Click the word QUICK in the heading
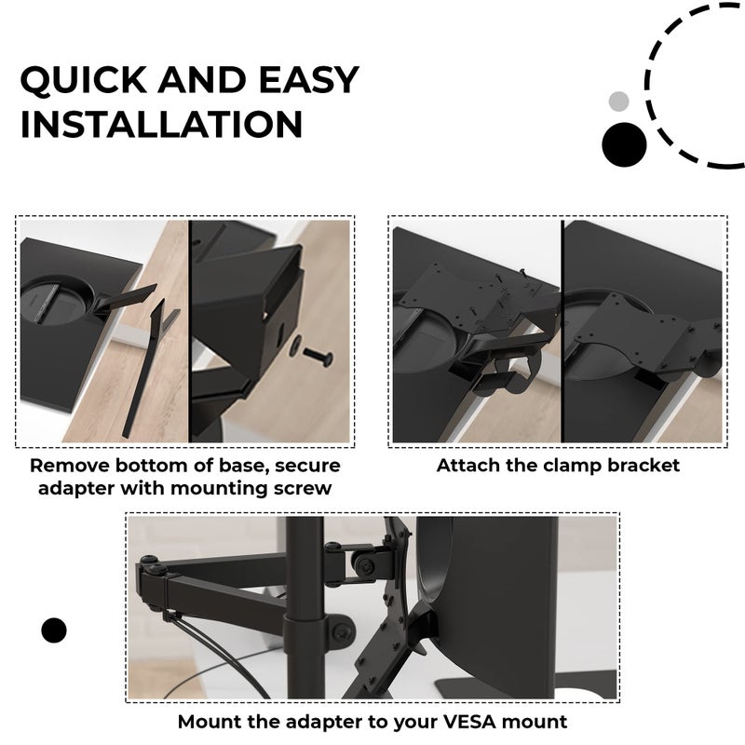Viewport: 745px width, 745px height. [84, 80]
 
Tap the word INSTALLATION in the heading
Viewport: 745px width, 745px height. [161, 125]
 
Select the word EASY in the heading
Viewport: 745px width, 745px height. [309, 79]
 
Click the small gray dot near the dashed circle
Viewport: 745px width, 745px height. [618, 102]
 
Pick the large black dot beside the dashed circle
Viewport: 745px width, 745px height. [624, 144]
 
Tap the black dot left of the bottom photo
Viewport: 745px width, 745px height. [54, 630]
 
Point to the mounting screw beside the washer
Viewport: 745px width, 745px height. [318, 356]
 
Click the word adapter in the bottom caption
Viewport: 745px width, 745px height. [324, 723]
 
